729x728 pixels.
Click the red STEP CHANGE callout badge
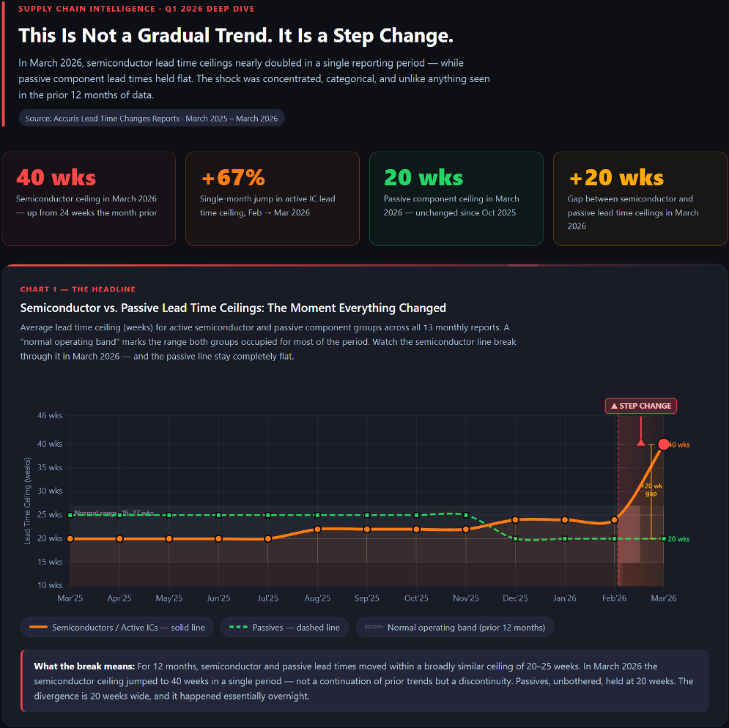pyautogui.click(x=640, y=406)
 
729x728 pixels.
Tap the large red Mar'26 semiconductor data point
pyautogui.click(x=664, y=444)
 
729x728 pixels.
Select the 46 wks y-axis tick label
pyautogui.click(x=51, y=415)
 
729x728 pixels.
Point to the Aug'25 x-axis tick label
pyautogui.click(x=317, y=598)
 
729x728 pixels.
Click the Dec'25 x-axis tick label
pyautogui.click(x=515, y=598)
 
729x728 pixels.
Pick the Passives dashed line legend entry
pyautogui.click(x=285, y=628)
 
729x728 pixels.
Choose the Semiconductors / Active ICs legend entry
pyautogui.click(x=117, y=628)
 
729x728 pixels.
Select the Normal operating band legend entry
pyautogui.click(x=455, y=628)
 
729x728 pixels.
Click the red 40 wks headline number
pyautogui.click(x=56, y=177)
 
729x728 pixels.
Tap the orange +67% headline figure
pyautogui.click(x=232, y=177)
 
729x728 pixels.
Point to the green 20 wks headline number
pyautogui.click(x=423, y=177)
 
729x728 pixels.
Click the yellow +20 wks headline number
pyautogui.click(x=616, y=177)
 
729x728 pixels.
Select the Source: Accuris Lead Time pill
pyautogui.click(x=152, y=118)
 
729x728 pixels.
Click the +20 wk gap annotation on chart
pyautogui.click(x=651, y=489)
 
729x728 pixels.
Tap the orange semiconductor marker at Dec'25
pyautogui.click(x=515, y=520)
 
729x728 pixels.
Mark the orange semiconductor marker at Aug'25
pyautogui.click(x=317, y=529)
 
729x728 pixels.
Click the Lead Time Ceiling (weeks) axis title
pyautogui.click(x=28, y=501)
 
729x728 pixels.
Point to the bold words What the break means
pyautogui.click(x=84, y=666)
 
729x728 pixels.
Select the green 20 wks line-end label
pyautogui.click(x=678, y=539)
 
